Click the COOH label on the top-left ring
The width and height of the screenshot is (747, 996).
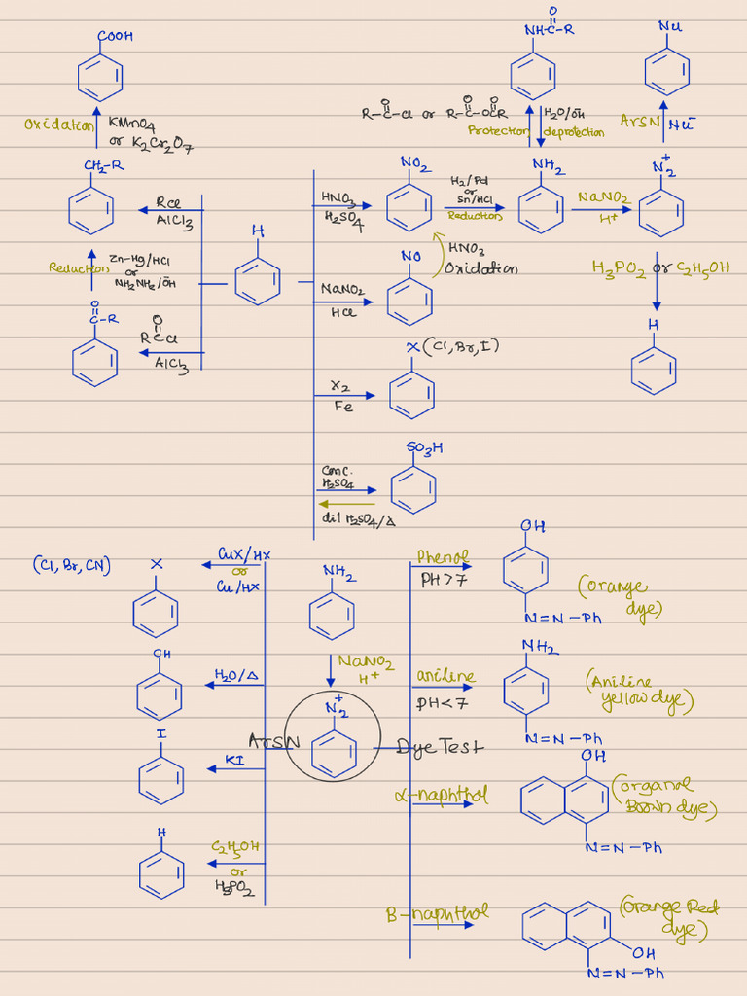(115, 36)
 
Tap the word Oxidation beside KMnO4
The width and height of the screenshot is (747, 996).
(58, 124)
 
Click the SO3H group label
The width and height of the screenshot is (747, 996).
(425, 448)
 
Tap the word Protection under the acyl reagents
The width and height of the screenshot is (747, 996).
(497, 131)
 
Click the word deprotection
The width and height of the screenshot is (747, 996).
(574, 132)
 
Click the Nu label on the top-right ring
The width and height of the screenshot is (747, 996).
(670, 26)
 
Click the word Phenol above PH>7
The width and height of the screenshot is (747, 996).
(443, 557)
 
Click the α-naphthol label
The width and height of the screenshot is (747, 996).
(441, 795)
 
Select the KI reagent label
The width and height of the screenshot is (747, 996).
(234, 759)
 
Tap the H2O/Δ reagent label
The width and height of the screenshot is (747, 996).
(235, 674)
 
